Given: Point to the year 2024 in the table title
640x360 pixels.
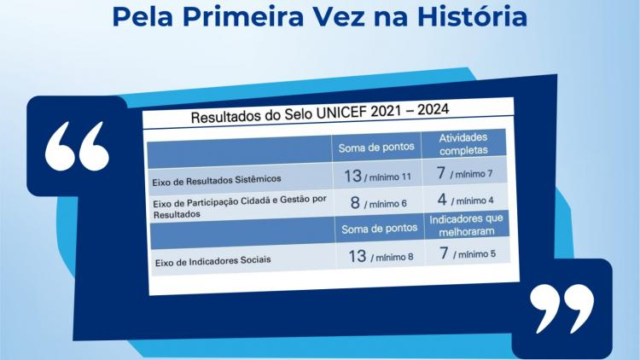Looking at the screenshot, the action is [x=433, y=109].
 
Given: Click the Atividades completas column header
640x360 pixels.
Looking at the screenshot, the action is [x=463, y=143].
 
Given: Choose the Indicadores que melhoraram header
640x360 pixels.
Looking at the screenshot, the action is [x=467, y=225].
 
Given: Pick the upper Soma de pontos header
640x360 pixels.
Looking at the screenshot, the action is [x=376, y=147].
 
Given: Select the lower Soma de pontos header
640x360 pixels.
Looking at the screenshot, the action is [x=379, y=229].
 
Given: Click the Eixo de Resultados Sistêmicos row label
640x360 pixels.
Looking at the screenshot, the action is [x=217, y=180].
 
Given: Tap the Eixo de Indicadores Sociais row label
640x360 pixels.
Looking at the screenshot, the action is [x=212, y=261].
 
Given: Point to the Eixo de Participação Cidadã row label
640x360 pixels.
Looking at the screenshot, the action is [x=240, y=207].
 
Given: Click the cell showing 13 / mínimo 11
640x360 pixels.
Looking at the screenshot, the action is [x=377, y=177].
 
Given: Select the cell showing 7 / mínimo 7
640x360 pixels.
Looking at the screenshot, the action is [x=464, y=173].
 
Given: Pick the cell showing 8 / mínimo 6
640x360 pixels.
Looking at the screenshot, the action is [x=379, y=203].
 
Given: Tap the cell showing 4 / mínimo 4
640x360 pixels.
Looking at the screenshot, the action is [x=466, y=200].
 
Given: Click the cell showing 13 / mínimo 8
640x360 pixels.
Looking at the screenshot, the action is [x=381, y=256].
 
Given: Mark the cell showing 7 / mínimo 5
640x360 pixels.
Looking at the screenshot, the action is [x=468, y=253].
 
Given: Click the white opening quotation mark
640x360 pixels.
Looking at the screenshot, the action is [x=77, y=146].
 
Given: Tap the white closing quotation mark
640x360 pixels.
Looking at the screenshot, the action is [x=562, y=309].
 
